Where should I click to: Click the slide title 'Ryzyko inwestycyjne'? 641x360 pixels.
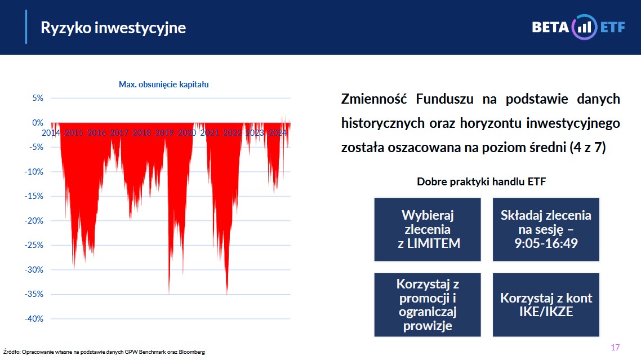point(113,28)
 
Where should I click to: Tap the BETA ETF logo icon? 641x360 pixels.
point(584,27)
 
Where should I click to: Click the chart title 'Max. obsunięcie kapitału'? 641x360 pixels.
point(163,85)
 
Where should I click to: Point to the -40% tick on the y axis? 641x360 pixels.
point(34,319)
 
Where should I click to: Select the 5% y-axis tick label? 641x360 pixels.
point(38,98)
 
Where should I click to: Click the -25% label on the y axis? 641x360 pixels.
point(34,245)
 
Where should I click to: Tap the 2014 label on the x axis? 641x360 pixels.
point(51,132)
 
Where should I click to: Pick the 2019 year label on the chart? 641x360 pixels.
point(164,132)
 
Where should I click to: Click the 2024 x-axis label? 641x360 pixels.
point(277,132)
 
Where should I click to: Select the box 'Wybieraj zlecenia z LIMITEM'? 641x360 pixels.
point(428,229)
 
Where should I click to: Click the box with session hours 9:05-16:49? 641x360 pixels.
point(546,229)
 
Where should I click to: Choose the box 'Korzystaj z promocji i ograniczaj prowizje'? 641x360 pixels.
point(428,305)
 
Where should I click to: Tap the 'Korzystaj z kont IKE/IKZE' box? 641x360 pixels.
point(546,305)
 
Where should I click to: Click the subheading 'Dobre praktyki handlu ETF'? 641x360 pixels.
point(481,181)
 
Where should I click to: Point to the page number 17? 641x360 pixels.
point(615,347)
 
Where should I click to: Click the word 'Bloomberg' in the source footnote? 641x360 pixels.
point(192,352)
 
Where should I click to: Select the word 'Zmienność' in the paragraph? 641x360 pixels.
point(373,99)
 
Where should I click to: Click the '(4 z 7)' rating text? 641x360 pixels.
point(587,147)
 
